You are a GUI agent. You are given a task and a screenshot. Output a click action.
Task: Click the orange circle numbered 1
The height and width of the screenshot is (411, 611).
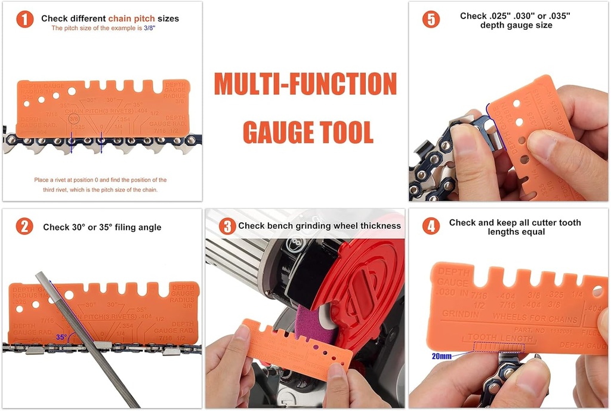tap(24, 19)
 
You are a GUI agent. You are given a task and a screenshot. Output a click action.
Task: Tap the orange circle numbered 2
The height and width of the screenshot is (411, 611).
tap(24, 226)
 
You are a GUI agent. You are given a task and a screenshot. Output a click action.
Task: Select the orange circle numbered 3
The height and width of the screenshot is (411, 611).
tap(227, 226)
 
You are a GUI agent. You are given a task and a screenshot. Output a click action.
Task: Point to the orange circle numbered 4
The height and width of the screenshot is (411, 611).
tap(431, 226)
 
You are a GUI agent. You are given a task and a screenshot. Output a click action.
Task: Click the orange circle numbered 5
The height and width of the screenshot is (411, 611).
tap(431, 19)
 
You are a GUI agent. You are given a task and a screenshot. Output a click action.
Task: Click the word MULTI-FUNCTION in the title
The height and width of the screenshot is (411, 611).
tap(305, 84)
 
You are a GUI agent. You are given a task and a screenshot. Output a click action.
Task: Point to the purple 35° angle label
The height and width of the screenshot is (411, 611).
tap(61, 337)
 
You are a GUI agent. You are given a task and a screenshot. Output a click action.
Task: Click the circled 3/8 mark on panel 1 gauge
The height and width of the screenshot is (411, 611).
tap(74, 119)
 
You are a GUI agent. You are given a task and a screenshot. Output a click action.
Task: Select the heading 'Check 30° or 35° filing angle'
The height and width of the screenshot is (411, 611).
tap(102, 227)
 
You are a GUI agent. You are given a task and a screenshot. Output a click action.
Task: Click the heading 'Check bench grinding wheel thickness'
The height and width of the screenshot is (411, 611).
tap(319, 226)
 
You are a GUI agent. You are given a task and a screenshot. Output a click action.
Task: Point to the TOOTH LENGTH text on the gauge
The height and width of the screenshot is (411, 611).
tap(500, 338)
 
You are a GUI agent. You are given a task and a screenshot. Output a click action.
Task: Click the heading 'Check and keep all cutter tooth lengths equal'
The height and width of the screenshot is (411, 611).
tap(514, 227)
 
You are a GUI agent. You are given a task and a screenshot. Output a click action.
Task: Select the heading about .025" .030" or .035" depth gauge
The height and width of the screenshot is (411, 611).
tap(515, 20)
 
